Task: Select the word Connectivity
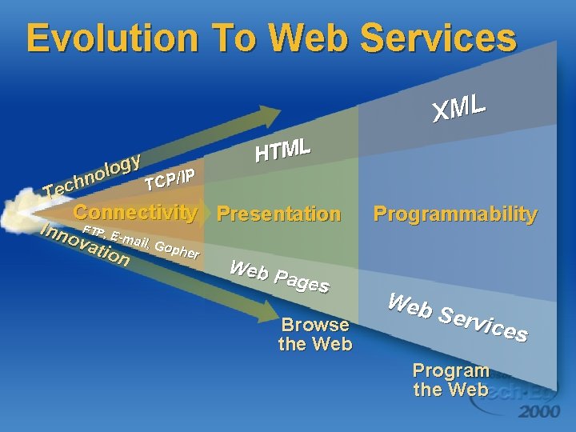(135, 213)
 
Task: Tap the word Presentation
(278, 214)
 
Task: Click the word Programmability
(455, 214)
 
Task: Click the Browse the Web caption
(315, 334)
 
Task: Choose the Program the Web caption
(450, 380)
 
